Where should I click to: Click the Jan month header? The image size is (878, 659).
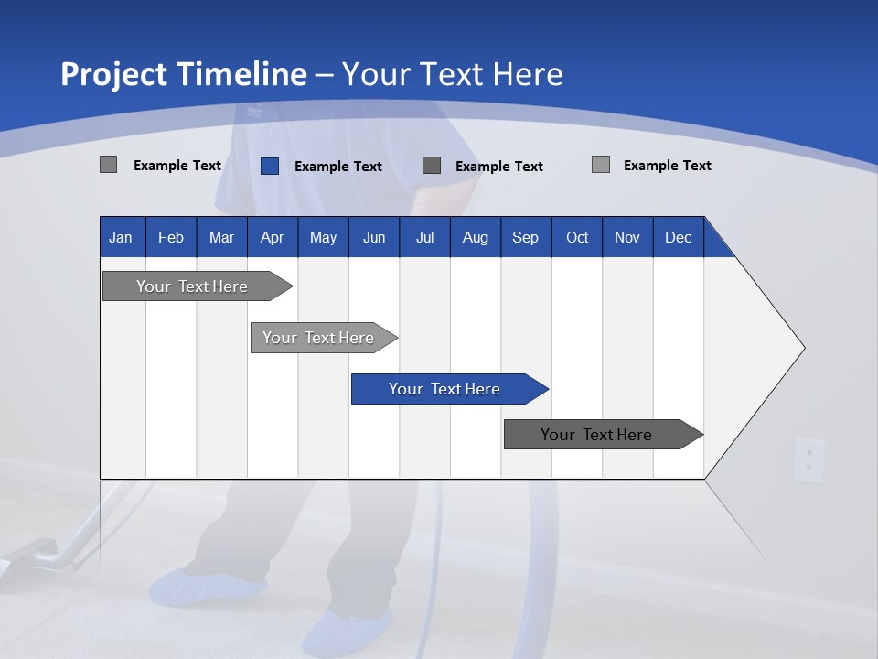point(121,237)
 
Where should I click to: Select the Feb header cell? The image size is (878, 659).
point(171,237)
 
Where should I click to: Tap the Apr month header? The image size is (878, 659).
point(272,237)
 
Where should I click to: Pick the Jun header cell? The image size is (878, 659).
point(374,237)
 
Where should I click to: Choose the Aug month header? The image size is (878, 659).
point(475,237)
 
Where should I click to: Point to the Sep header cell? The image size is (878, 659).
point(525,237)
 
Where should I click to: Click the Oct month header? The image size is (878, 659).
point(577,237)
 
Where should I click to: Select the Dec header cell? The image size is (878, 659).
point(678,237)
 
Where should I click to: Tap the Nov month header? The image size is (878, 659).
point(627,237)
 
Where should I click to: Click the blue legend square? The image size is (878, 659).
point(270,166)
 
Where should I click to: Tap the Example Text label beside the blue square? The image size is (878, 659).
point(337,167)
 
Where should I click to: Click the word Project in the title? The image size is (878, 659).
point(114,74)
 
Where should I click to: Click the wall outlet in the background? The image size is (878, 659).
point(808,459)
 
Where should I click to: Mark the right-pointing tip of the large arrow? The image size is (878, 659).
point(802,348)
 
